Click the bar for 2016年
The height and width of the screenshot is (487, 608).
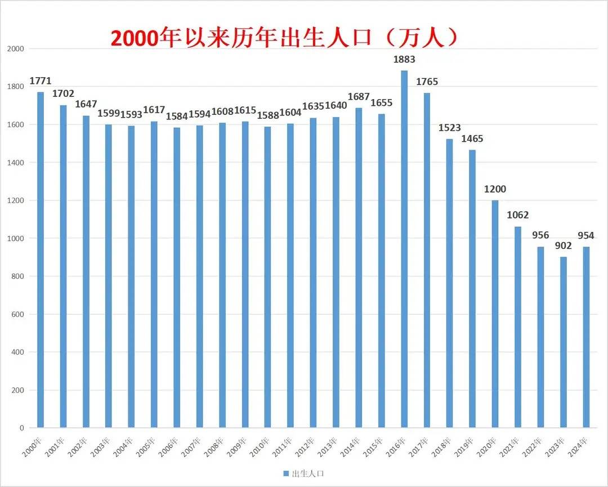pos(404,249)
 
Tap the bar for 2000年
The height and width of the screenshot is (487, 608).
pos(41,260)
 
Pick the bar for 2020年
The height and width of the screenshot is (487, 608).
pos(495,314)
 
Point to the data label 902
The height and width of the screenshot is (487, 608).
pos(563,245)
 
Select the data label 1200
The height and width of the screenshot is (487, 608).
pos(495,189)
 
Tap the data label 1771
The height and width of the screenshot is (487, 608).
pos(41,81)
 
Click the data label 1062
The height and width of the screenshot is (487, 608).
pos(518,215)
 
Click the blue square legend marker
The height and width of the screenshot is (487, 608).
pos(285,473)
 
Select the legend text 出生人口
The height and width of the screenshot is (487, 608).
pos(308,473)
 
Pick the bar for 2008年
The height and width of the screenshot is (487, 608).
pos(222,275)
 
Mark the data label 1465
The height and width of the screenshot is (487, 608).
pos(472,138)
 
